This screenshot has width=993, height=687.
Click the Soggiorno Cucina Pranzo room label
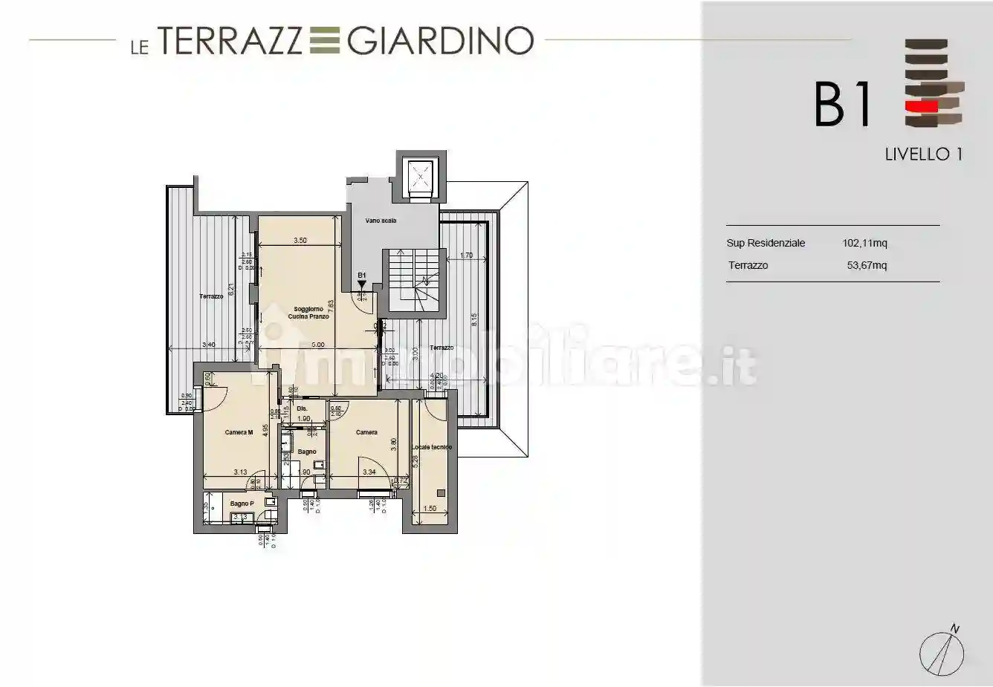pos(308,313)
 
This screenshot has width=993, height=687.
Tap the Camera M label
pos(239,432)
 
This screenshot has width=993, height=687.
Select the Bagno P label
pos(242,504)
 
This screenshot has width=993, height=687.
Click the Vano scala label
pos(381,221)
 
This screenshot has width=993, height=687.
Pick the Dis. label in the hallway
pos(302,408)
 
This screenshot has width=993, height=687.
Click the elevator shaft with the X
pos(421,177)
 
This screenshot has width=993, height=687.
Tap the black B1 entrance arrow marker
pos(362,283)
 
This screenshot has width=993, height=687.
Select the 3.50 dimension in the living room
pos(300,241)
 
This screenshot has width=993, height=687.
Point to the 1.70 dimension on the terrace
pos(467,255)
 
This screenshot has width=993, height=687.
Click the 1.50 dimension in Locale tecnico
pos(429,509)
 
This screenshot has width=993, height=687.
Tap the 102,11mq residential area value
pos(864,243)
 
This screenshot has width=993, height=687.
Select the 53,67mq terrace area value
pos(867,265)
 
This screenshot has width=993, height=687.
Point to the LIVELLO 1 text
pos(924,154)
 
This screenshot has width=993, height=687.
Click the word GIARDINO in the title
pos(440,41)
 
